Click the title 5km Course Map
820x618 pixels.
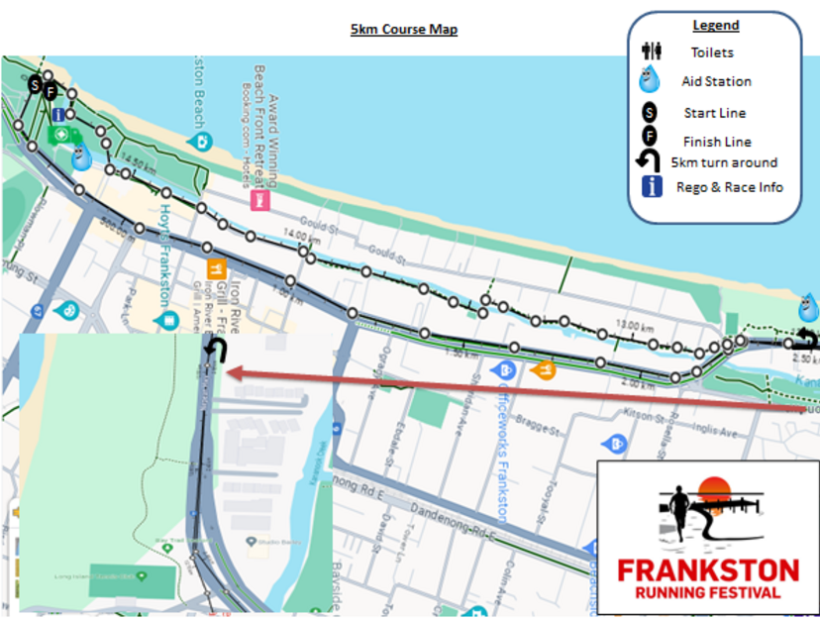(x=403, y=30)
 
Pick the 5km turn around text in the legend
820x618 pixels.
(x=724, y=162)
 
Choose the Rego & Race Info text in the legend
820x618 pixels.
(x=730, y=186)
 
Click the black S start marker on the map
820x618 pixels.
(x=35, y=85)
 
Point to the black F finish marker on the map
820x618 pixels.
(x=51, y=92)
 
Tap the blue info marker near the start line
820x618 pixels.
(x=58, y=115)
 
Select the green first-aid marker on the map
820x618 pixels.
(x=60, y=134)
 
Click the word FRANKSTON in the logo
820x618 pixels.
(x=707, y=571)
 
